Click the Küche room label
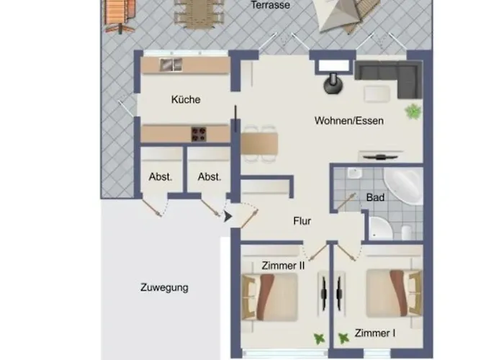(x=186, y=99)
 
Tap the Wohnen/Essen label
(x=348, y=121)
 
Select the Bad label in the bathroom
(x=375, y=197)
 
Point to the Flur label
(x=302, y=221)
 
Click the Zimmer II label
(x=283, y=266)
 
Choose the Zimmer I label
(x=375, y=333)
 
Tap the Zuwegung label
(x=164, y=287)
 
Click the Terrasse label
(x=270, y=5)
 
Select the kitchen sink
(x=171, y=65)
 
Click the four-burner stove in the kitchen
(x=199, y=134)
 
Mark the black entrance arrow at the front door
(x=228, y=216)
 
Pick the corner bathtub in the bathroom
(x=404, y=186)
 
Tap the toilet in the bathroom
(x=407, y=232)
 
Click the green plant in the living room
(x=413, y=112)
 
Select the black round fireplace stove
(x=333, y=84)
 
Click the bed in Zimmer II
(x=270, y=297)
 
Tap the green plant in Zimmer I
(x=343, y=338)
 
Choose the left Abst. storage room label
(x=161, y=177)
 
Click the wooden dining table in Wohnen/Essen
(x=259, y=143)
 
